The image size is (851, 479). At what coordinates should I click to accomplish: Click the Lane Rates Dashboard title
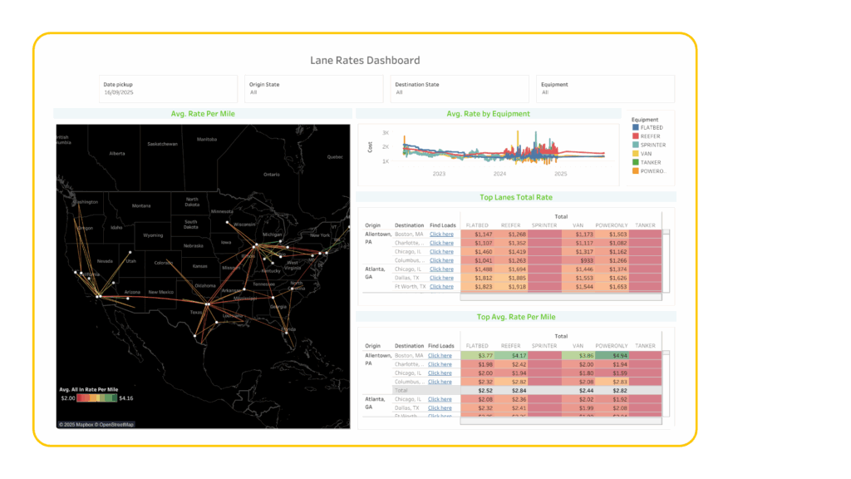tap(365, 60)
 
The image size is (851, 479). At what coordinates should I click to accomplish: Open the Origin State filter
tap(313, 89)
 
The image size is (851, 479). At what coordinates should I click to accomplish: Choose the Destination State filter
tap(459, 89)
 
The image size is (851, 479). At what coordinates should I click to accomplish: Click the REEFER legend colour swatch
tap(636, 136)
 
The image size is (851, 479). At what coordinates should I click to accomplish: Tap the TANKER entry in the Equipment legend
tap(652, 162)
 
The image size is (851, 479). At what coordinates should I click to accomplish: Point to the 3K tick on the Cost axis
tap(386, 132)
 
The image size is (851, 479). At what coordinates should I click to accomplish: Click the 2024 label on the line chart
tap(499, 174)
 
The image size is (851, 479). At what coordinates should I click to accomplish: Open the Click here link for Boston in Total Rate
tap(441, 235)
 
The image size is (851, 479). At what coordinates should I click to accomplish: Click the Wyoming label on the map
tap(154, 235)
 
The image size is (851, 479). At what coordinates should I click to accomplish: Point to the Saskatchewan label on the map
tap(163, 144)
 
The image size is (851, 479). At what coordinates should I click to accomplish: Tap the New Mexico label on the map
tap(160, 293)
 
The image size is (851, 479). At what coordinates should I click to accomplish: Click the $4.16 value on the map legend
tap(126, 398)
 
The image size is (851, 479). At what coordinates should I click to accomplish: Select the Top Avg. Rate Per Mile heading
tap(516, 317)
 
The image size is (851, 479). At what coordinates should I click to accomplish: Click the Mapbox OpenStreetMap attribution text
tap(96, 424)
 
